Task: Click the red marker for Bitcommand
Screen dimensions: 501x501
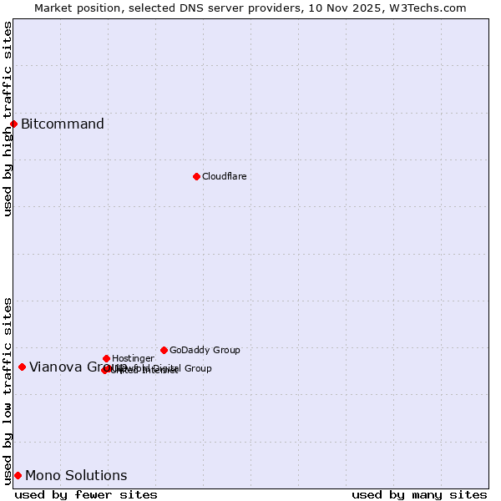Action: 13,124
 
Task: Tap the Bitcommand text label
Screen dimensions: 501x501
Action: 63,124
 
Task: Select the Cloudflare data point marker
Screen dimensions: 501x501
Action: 196,176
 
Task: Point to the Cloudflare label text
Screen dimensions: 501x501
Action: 224,176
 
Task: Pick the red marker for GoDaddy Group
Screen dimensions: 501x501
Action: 164,350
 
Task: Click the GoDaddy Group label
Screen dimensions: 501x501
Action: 205,350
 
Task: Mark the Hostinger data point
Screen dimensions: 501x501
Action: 106,358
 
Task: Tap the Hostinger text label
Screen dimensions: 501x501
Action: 133,358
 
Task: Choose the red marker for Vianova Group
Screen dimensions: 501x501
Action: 22,367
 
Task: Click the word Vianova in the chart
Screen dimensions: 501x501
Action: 55,367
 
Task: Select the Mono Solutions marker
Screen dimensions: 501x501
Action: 18,475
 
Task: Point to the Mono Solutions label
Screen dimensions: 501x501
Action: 76,476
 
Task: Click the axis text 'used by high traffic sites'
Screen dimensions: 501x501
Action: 8,119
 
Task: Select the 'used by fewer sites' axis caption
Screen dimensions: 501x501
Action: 86,494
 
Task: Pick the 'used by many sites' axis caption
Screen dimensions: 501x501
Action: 419,494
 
